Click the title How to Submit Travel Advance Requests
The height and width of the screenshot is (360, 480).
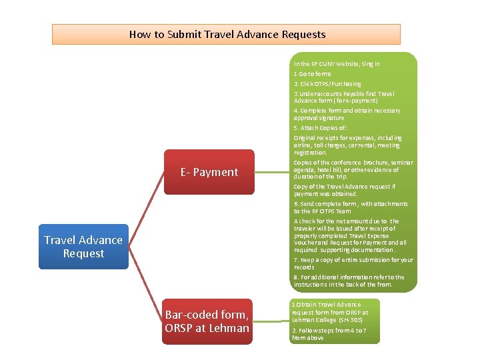coord(227,34)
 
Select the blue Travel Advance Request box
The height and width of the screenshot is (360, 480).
coord(83,247)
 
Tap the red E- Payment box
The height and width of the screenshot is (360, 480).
coord(209,172)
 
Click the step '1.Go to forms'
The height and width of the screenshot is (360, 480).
coord(312,73)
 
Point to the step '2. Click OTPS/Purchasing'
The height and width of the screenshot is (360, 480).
coord(327,84)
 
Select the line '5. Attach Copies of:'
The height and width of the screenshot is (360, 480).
coord(320,127)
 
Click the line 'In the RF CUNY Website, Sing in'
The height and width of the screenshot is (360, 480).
coord(337,64)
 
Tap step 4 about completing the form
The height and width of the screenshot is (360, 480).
coord(347,114)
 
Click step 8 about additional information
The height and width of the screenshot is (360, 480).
coord(349,281)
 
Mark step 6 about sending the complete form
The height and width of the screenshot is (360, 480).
coord(350,207)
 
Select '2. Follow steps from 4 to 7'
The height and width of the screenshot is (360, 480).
coord(329,334)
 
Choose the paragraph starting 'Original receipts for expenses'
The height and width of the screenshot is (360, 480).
coord(347,145)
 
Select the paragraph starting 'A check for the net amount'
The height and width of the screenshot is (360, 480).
coord(350,235)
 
